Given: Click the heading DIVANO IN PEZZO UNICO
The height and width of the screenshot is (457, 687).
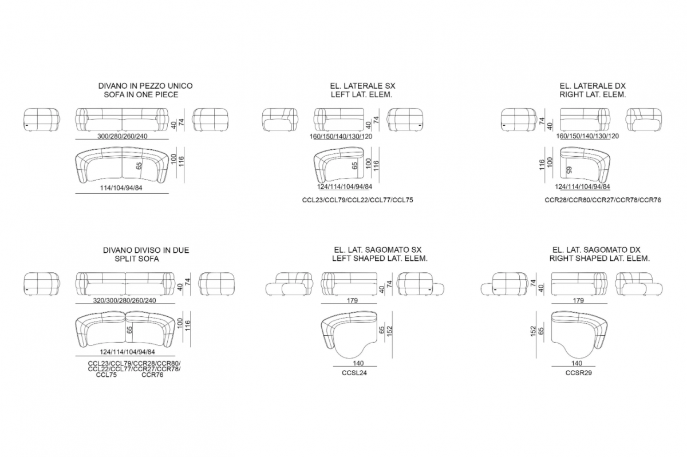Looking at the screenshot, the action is (x=145, y=86).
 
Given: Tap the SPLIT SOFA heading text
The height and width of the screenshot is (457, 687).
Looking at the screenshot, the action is (x=137, y=259).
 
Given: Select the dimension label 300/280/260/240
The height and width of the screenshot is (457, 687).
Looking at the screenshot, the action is (x=123, y=136).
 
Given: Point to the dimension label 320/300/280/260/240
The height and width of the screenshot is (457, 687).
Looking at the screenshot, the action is (x=125, y=300).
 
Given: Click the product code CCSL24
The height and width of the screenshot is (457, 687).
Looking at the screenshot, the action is (x=354, y=373).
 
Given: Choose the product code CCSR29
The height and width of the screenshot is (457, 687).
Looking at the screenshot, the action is (x=579, y=373).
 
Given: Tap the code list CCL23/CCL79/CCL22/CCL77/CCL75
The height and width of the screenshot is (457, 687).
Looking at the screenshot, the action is (x=358, y=200).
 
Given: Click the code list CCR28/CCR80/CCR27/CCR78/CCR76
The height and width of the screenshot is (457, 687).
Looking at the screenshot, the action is (x=603, y=200).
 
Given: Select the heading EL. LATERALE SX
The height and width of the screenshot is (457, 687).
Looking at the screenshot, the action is (x=362, y=86).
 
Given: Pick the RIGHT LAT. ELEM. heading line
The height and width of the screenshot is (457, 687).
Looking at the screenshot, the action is (x=593, y=95).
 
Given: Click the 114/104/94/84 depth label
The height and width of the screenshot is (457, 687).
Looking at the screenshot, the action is (x=121, y=188).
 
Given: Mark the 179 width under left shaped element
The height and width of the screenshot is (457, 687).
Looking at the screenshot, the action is (x=352, y=300).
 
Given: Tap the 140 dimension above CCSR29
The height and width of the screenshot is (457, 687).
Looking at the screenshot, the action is (x=577, y=363).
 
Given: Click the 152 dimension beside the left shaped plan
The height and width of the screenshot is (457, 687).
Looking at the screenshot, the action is (x=389, y=331).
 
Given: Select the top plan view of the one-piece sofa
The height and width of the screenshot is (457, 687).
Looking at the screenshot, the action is (x=122, y=165).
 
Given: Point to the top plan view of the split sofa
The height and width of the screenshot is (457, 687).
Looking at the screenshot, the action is (x=125, y=329).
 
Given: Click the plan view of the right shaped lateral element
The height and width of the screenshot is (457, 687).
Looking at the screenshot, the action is (x=579, y=335).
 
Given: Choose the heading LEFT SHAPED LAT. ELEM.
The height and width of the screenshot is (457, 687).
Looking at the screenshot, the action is (x=380, y=259).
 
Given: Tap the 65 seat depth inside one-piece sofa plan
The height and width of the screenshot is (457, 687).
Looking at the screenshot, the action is (x=139, y=166).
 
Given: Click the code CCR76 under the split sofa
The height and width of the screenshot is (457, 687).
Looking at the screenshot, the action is (x=152, y=375).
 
